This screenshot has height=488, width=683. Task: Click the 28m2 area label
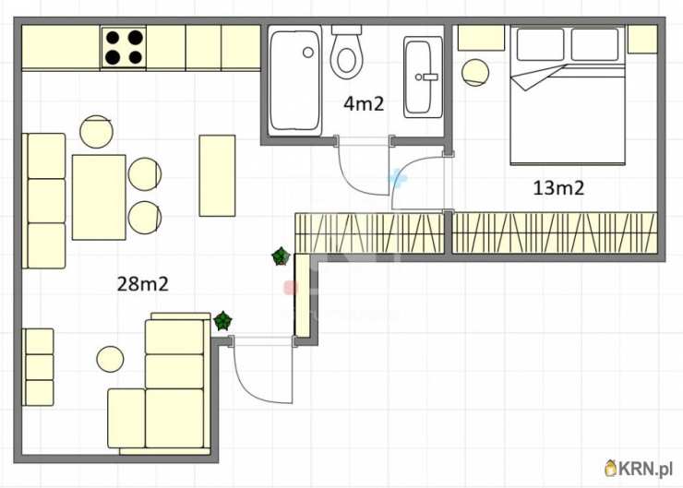[x=142, y=284]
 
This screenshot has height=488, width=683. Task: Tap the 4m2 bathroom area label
[x=364, y=103]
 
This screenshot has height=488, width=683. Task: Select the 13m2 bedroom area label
[x=558, y=187]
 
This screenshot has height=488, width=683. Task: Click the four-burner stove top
[x=124, y=47]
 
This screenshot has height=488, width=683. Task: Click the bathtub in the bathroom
[x=294, y=80]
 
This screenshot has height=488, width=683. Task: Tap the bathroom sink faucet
[x=426, y=77]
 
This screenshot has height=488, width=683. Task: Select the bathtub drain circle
[x=308, y=53]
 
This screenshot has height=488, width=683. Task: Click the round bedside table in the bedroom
[x=475, y=72]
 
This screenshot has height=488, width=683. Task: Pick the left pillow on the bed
[x=540, y=44]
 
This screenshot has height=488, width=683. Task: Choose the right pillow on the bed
[x=594, y=44]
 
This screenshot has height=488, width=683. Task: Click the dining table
[x=99, y=197]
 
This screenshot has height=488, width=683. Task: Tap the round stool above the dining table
[x=96, y=132]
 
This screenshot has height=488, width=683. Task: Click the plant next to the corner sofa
[x=223, y=321]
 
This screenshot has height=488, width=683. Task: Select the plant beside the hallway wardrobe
[x=281, y=256]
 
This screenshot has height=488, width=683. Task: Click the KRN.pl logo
[x=639, y=469]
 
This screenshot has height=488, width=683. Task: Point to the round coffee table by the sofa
[x=110, y=359]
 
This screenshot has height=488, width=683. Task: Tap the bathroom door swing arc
[x=356, y=178]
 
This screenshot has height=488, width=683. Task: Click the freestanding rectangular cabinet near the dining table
[x=217, y=175]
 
